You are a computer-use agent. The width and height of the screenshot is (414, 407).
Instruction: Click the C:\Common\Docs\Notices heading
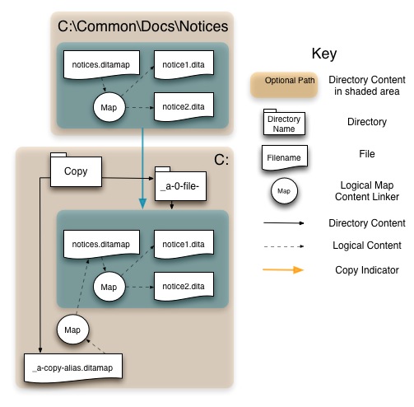point(142,26)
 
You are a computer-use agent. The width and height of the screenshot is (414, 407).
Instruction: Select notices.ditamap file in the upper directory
point(101,65)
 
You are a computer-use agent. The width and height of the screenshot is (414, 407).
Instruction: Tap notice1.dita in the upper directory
point(184,65)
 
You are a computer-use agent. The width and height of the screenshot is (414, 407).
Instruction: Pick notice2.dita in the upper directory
point(184,107)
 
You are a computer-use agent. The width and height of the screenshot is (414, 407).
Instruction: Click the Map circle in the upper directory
point(109,107)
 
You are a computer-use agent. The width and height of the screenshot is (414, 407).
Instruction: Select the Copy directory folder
point(76,170)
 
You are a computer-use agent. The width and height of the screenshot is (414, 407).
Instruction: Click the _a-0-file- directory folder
point(180,184)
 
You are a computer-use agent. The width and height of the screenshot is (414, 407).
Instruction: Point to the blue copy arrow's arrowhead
point(142,203)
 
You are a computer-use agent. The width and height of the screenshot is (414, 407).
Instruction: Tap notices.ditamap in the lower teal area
point(101,244)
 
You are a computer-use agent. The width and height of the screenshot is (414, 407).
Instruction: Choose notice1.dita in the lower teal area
point(184,244)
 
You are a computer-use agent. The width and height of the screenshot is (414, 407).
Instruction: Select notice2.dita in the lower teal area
point(184,287)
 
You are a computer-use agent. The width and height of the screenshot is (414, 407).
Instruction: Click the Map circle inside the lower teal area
point(109,287)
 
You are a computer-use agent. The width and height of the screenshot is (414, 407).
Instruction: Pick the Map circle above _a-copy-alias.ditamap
point(72,330)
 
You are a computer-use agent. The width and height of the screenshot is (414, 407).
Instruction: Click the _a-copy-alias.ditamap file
point(73,368)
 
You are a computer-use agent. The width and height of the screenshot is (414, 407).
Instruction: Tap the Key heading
point(324,54)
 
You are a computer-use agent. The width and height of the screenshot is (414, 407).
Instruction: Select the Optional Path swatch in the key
point(284,85)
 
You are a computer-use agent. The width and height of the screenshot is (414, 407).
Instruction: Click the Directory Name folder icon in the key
point(284,122)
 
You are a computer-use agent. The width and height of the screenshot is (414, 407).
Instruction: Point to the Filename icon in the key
point(285,157)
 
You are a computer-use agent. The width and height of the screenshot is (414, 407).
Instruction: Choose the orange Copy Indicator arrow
point(283,269)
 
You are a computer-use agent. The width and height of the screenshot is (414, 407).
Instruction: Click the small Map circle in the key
point(284,191)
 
